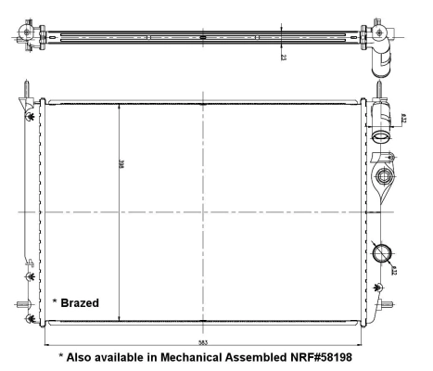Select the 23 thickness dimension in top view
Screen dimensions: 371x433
click(283, 55)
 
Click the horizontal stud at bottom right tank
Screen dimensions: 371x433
click(392, 305)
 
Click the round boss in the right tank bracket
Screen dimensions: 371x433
click(382, 177)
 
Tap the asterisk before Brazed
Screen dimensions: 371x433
click(55, 301)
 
